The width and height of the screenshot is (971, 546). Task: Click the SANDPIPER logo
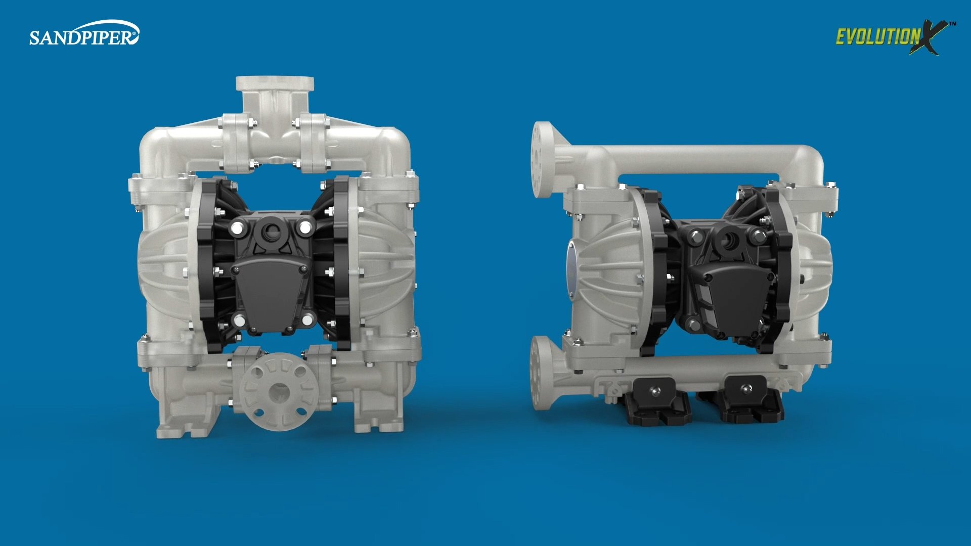pyautogui.click(x=84, y=34)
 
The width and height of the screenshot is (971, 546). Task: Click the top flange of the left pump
pyautogui.click(x=275, y=83)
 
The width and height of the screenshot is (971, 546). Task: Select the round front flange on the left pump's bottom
pyautogui.click(x=279, y=391)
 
